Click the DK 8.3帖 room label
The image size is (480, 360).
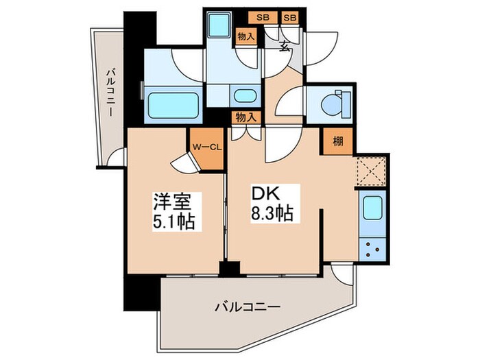(272, 204)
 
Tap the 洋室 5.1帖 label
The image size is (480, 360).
(174, 212)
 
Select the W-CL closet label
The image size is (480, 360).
(207, 147)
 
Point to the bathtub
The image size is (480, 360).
(173, 105)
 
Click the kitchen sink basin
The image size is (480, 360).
(372, 208)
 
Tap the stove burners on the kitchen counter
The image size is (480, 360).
(372, 249)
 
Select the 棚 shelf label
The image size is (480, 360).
(338, 141)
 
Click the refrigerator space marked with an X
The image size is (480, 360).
(372, 171)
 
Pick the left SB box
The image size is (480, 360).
(263, 18)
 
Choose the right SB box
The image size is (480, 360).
(289, 18)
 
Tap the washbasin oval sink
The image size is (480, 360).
(245, 96)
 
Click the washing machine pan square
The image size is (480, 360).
(219, 24)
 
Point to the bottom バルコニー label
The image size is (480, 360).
(248, 307)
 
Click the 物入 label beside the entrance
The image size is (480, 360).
(245, 37)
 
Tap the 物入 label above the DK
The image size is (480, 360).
(245, 117)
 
